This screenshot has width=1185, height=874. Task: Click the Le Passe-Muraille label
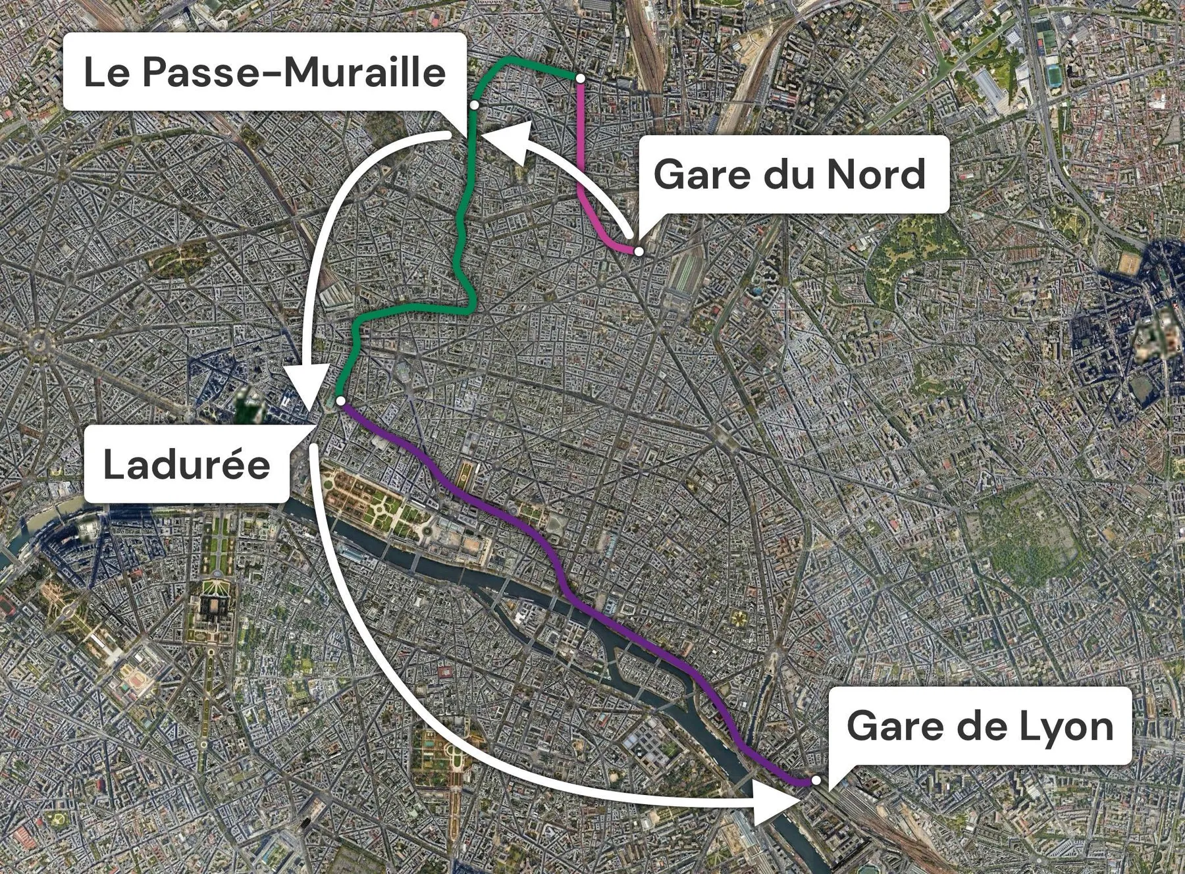pos(265,72)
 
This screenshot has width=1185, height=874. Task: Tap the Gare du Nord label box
pos(789,174)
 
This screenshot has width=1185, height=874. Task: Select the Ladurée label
pos(187,464)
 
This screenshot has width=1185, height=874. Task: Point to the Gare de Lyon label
pos(980,726)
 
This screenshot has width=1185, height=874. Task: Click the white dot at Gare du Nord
pos(638,251)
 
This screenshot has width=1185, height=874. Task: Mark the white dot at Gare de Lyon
pos(816,780)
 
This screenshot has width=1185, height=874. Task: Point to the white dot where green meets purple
pos(340,400)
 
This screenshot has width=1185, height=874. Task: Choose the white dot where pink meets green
pos(580,78)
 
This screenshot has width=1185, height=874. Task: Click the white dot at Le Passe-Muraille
pos(474,105)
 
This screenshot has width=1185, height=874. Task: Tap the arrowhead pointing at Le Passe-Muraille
pos(510,140)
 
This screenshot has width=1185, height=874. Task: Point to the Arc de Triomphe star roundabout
pos(39,343)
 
